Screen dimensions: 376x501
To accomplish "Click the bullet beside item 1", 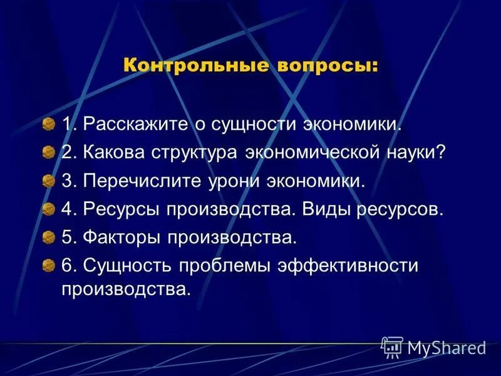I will click(x=49, y=125).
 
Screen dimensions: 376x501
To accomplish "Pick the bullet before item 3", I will click(x=49, y=182).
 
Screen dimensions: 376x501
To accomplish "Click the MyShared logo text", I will click(x=447, y=348).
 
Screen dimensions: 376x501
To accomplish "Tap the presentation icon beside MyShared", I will click(x=392, y=347).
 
